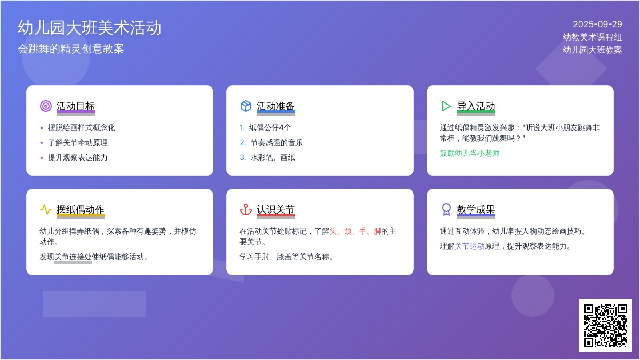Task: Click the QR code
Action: (x=605, y=325)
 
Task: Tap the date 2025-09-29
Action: (x=597, y=25)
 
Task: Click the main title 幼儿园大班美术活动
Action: (x=90, y=28)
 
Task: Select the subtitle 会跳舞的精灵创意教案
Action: (x=71, y=49)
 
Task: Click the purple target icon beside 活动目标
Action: (x=46, y=106)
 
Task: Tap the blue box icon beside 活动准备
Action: (x=246, y=106)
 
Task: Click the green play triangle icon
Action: (x=446, y=106)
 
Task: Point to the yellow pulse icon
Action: (x=46, y=210)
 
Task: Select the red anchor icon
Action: (x=246, y=210)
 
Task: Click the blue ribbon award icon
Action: (x=446, y=210)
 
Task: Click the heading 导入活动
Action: (x=476, y=106)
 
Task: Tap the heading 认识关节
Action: (x=276, y=210)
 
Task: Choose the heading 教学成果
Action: (x=476, y=210)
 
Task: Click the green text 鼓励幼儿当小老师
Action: (x=470, y=153)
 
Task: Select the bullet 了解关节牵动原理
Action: (x=78, y=142)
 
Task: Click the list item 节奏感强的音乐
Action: (x=277, y=142)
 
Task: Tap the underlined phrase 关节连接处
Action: (x=73, y=257)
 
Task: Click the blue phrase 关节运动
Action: (x=470, y=246)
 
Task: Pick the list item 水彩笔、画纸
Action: (x=273, y=157)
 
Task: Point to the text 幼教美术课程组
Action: (x=593, y=37)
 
